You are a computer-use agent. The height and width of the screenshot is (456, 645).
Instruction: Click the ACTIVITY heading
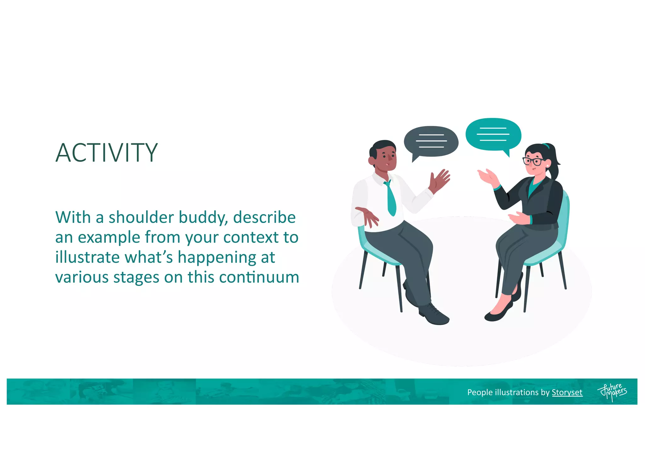(x=106, y=153)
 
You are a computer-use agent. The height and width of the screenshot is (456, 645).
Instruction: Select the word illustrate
(x=87, y=257)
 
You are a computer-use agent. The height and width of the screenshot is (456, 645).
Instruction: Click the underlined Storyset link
(x=567, y=392)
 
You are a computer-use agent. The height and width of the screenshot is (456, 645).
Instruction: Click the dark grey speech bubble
(x=431, y=141)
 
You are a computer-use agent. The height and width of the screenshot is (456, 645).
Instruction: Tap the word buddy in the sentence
(x=203, y=217)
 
